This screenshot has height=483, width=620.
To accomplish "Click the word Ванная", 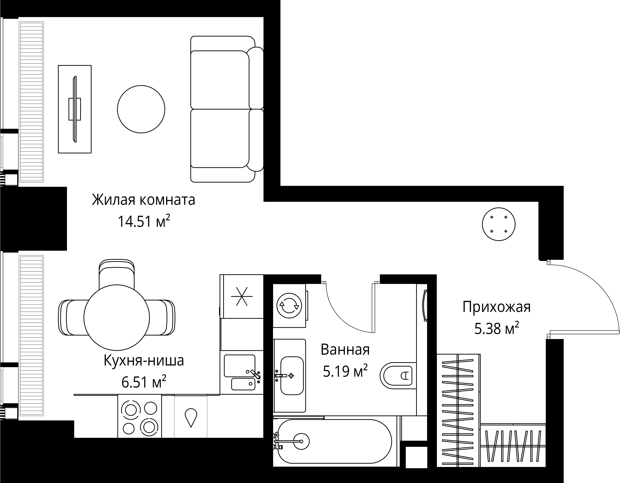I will coord(345,350).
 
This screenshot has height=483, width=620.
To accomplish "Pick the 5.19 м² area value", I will coord(345,371).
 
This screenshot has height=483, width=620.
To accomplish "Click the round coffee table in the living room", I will coord(141,109).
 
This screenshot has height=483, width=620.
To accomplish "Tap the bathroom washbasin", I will coord(292,376).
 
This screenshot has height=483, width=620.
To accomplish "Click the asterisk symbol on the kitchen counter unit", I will coord(242,296).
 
